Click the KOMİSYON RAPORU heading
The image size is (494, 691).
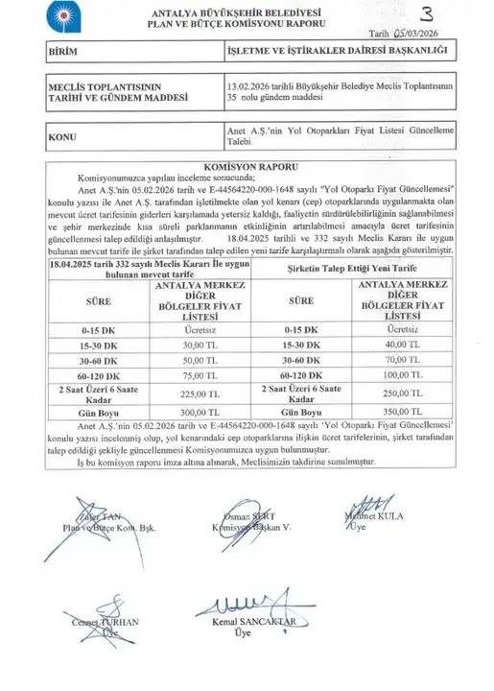[246, 165]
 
